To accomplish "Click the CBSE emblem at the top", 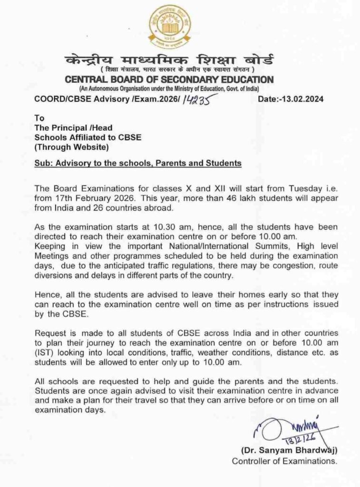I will tap(170, 26).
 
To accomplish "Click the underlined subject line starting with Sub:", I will tap(138, 163).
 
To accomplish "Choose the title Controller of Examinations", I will tap(284, 461).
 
